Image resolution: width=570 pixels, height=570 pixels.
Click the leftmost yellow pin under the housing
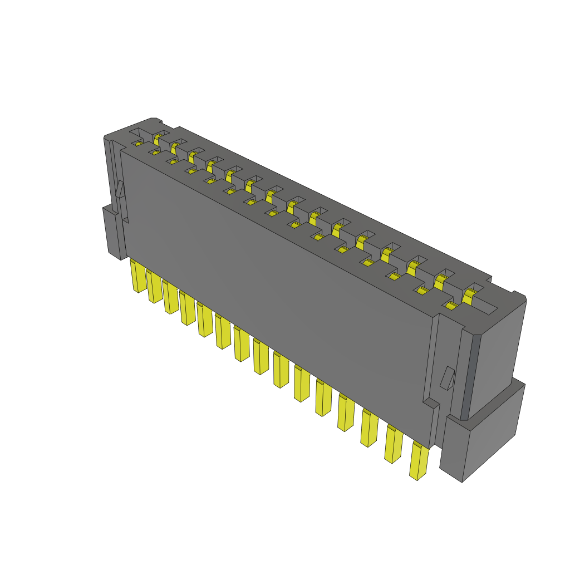coord(137,277)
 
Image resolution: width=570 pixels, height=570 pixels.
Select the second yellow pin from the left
coord(154,287)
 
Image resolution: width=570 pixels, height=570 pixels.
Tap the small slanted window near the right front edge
coord(447,378)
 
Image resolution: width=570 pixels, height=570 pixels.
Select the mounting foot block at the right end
coord(482,440)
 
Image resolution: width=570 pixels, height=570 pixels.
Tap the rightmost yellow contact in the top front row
coord(451,305)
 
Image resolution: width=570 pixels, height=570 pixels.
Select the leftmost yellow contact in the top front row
coord(139,144)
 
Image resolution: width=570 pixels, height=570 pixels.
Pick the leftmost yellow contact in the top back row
coord(159,136)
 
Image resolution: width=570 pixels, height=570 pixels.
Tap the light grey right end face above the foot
coord(498,356)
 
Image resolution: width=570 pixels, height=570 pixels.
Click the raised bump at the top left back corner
coord(156,120)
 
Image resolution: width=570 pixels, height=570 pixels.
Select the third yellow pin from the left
coord(170,297)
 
